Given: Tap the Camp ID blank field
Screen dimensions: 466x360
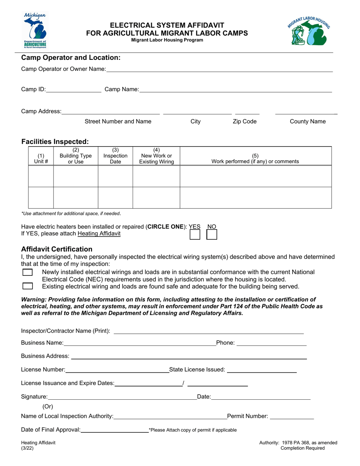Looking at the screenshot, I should tap(74, 90).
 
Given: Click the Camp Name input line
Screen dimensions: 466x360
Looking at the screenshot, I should tap(235, 90).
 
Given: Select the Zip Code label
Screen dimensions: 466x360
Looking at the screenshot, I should tap(244, 122).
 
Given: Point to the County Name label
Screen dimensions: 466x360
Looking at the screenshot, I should tap(307, 122).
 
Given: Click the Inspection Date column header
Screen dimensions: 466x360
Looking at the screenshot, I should tap(115, 156).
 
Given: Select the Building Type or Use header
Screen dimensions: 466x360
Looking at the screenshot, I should tap(75, 156).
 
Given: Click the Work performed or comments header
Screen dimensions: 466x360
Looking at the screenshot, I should tap(255, 158).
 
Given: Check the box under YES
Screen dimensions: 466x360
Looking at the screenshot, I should tap(195, 235).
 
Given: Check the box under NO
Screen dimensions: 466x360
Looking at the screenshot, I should tap(212, 235).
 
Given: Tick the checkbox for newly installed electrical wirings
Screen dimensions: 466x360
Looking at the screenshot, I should tap(27, 272).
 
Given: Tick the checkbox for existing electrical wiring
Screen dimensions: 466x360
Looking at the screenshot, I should tap(27, 286).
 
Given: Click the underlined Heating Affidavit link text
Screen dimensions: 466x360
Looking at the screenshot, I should tap(99, 234).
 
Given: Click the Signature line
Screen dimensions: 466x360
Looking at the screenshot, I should tap(121, 397).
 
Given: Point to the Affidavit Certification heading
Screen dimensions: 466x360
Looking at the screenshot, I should tap(57, 249).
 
